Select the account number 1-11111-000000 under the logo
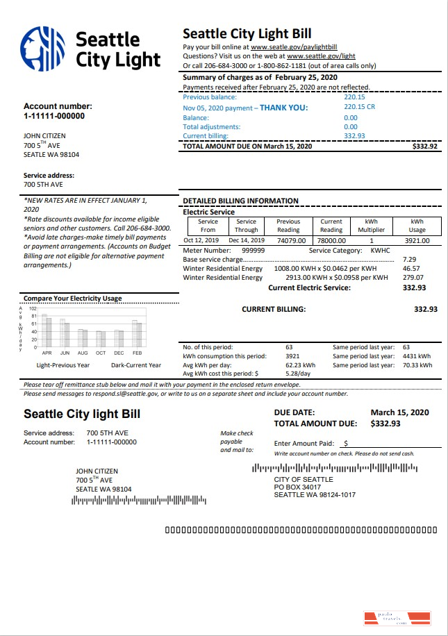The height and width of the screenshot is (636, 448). tap(54, 116)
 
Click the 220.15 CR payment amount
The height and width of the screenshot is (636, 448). tap(359, 108)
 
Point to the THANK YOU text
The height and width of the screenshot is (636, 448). tap(283, 108)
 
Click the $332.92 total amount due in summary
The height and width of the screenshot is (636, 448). tap(424, 147)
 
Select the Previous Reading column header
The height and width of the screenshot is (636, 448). tap(288, 226)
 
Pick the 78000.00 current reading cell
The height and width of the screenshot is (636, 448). tap(331, 241)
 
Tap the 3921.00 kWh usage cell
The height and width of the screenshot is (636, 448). tap(417, 241)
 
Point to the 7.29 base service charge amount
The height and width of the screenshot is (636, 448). tap(408, 259)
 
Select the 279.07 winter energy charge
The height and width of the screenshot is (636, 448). tap(412, 278)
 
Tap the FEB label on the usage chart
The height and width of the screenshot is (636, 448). tap(138, 353)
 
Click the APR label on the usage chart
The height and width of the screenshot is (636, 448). tap(47, 353)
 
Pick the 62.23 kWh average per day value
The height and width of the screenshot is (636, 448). tap(300, 365)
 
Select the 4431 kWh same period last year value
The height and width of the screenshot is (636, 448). tap(417, 356)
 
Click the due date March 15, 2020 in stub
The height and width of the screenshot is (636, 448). tap(399, 412)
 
